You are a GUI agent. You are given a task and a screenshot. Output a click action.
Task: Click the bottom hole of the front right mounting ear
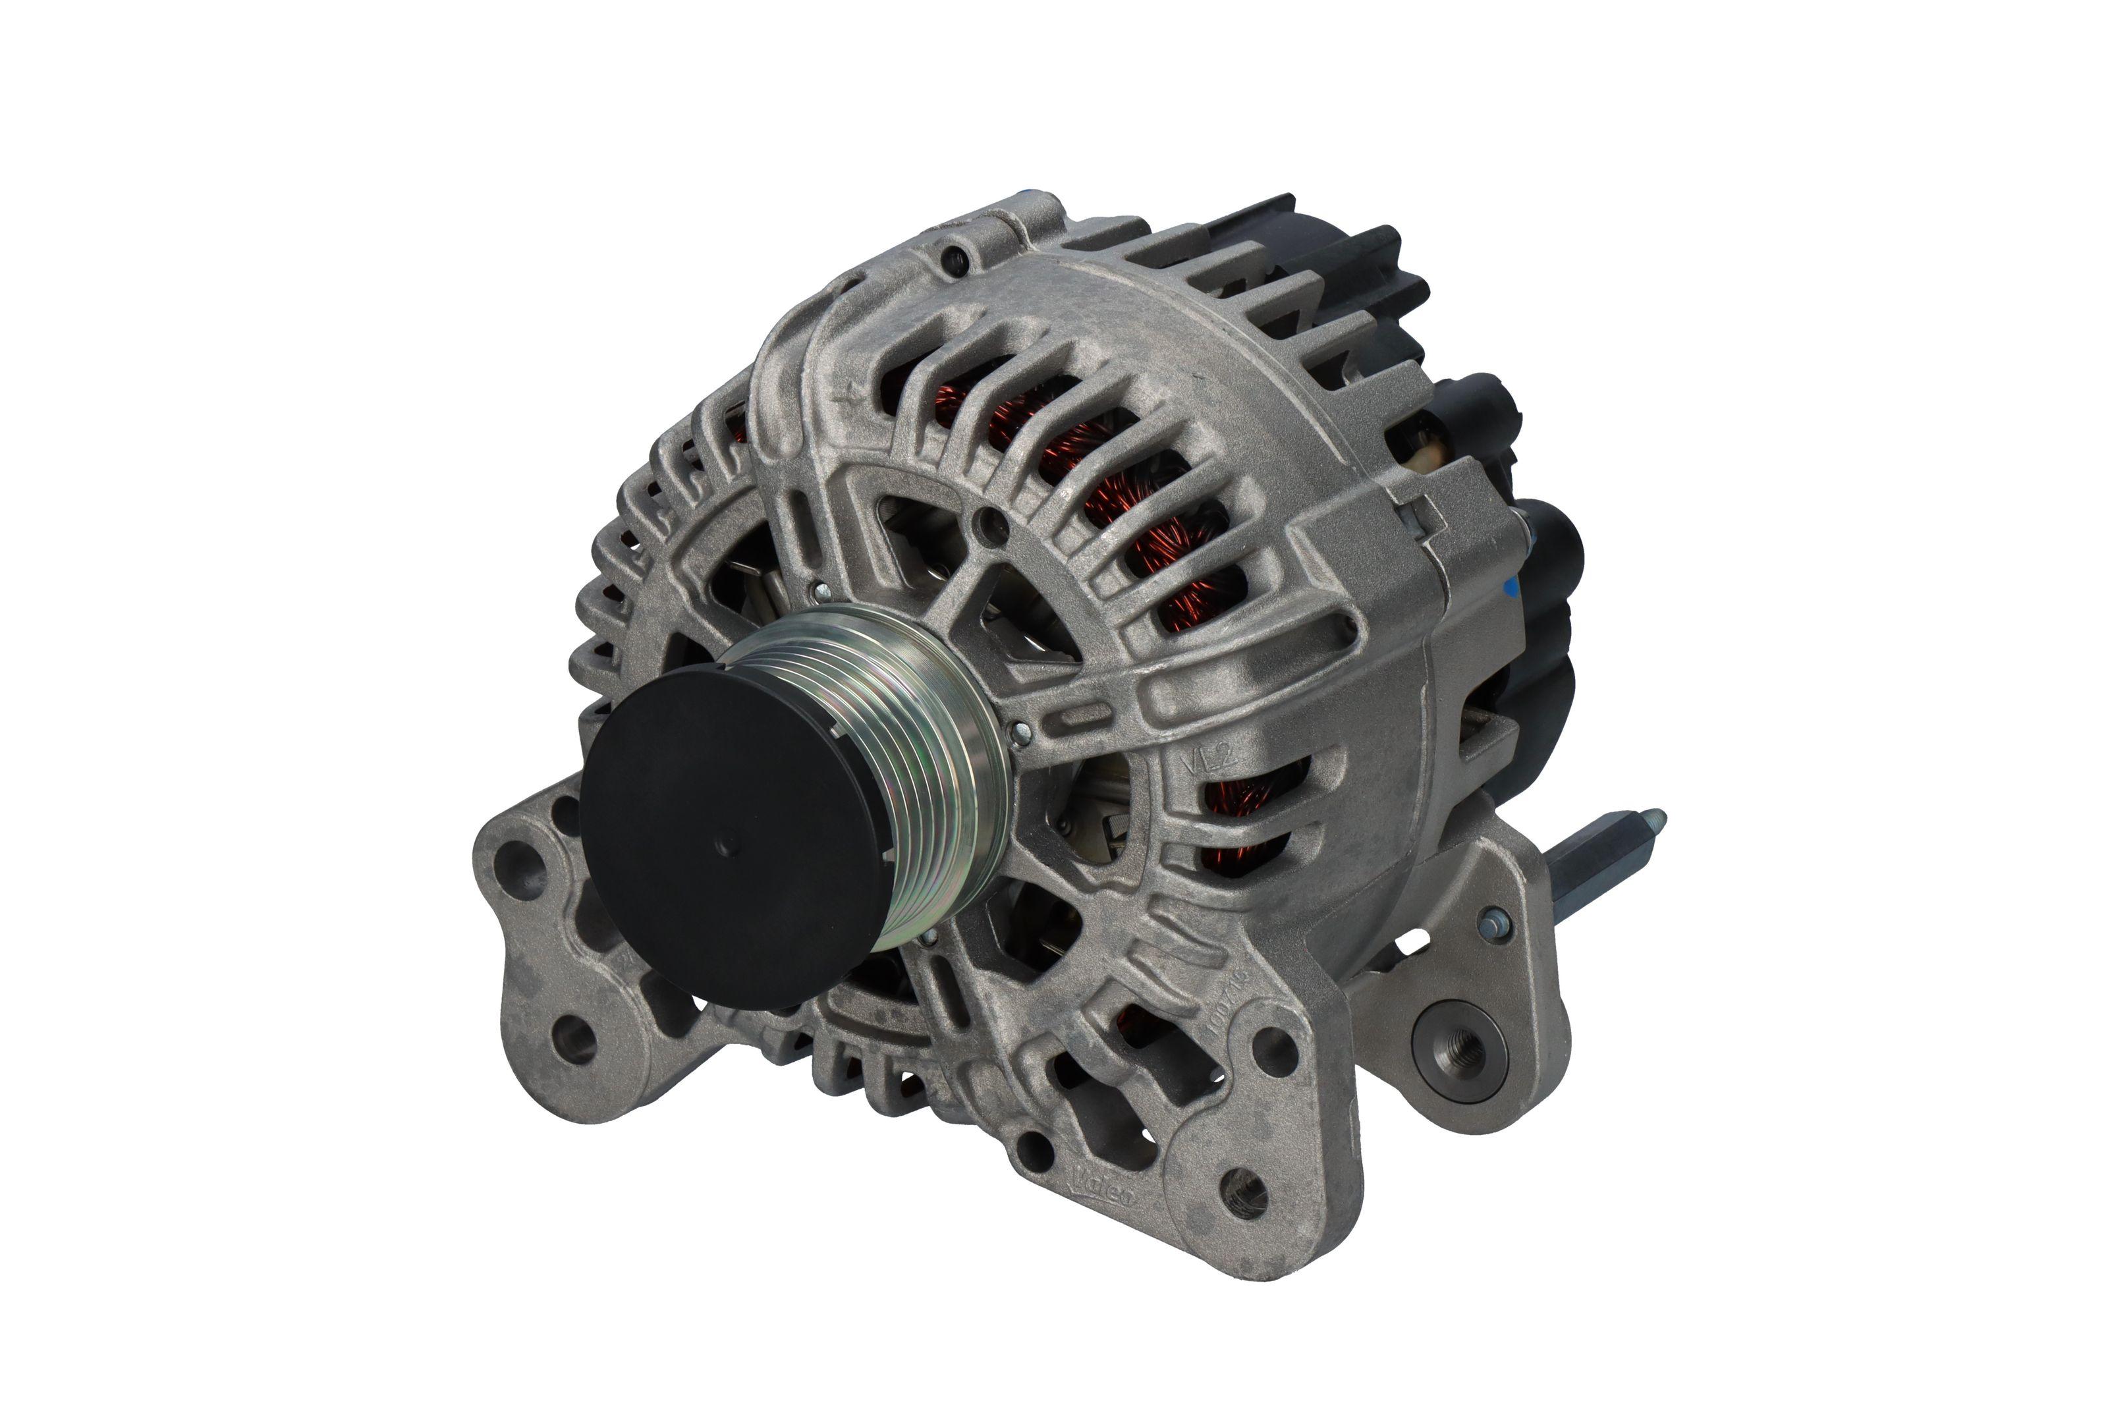(1246, 1192)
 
